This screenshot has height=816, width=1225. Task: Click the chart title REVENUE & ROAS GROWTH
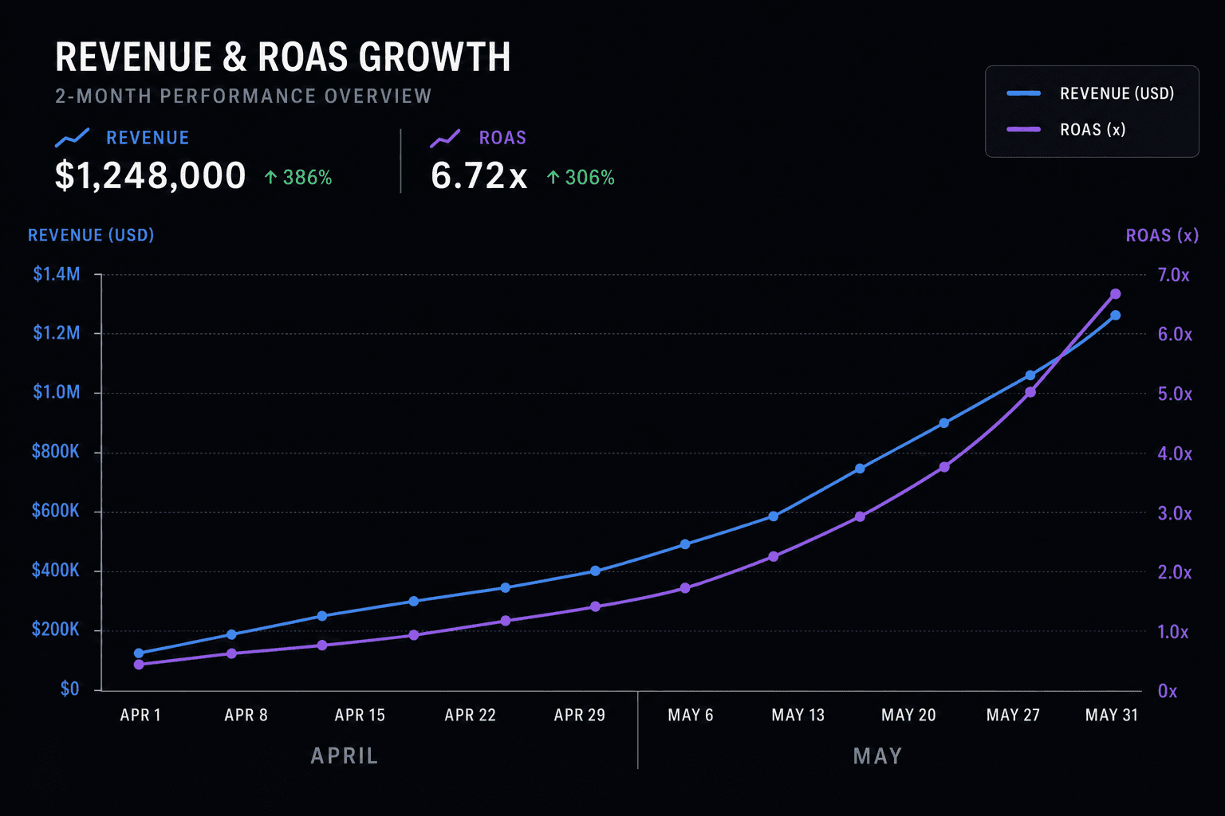283,57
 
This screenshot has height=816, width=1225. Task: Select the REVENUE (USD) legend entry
1090,93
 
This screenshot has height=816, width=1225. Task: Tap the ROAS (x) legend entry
1066,130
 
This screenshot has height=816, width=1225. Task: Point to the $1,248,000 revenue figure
151,176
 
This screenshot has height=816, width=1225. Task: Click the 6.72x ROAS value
479,176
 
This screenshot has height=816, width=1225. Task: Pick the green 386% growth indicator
298,178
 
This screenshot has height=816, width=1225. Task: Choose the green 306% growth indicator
581,178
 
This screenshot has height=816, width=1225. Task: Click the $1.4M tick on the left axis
57,274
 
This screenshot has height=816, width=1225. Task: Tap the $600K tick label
55,511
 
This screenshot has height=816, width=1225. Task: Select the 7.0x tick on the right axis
1174,275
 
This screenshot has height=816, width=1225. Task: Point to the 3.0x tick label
1175,513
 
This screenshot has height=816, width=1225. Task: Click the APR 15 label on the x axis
360,715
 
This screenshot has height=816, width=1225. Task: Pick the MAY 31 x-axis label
1111,715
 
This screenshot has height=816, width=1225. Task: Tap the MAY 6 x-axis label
691,715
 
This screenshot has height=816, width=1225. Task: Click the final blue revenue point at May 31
1115,316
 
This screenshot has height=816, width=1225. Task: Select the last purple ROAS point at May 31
1116,294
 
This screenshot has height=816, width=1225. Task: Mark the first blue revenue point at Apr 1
139,653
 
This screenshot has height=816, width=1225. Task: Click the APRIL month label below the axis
345,756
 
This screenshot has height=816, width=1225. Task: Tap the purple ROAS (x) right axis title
1162,236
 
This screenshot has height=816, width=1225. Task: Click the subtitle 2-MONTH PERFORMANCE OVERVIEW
243,96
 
